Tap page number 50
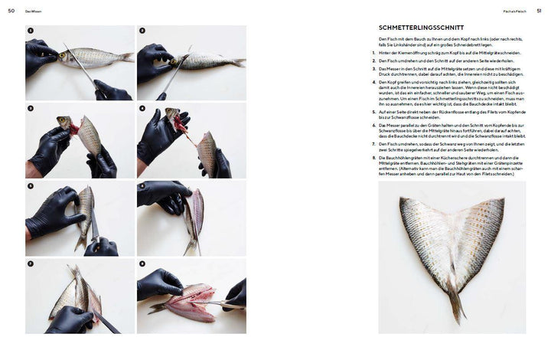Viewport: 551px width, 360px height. tap(11, 11)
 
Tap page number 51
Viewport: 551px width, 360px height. tap(539, 11)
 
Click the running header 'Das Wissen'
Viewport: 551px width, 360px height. tap(34, 11)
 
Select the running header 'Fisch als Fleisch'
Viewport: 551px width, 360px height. tap(512, 11)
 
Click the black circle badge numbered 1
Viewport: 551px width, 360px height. tap(31, 31)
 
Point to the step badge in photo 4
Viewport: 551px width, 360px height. tap(142, 109)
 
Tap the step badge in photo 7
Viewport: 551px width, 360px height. tap(31, 263)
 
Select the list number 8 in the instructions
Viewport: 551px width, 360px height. tap(381, 157)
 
